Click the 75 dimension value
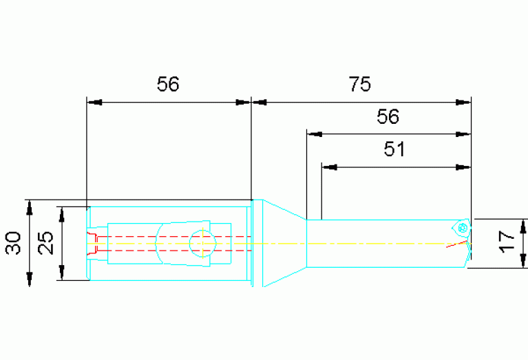click(359, 84)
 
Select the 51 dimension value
click(394, 149)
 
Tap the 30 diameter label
click(13, 243)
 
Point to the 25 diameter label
click(45, 243)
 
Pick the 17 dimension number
click(507, 242)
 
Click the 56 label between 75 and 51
click(388, 116)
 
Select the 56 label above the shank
click(168, 84)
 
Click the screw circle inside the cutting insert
click(463, 228)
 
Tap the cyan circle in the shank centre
click(202, 244)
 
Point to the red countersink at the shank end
click(92, 244)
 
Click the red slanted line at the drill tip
click(457, 244)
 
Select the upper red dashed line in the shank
click(174, 237)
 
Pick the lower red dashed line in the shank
click(174, 251)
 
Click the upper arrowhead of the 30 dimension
click(30, 207)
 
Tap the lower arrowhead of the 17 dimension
click(523, 261)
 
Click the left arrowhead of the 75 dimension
click(259, 102)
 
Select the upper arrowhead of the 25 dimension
click(62, 215)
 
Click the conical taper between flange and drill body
click(284, 243)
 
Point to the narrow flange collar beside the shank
click(257, 243)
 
